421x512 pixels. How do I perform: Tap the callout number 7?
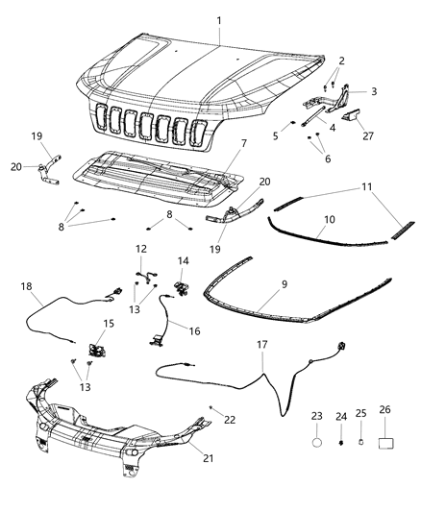(244, 143)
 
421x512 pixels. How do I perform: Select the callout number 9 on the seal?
(283, 284)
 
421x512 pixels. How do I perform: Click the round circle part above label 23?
(318, 445)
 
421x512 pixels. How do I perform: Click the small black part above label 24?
(342, 445)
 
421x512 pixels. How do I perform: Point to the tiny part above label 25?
(361, 444)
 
